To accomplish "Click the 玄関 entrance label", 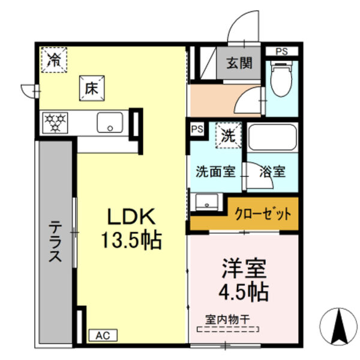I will pyautogui.click(x=239, y=62).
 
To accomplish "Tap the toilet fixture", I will pyautogui.click(x=280, y=81).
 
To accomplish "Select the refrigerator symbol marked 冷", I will pyautogui.click(x=54, y=59).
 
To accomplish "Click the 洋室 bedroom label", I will pyautogui.click(x=242, y=268).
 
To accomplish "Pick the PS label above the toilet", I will pyautogui.click(x=281, y=52).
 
